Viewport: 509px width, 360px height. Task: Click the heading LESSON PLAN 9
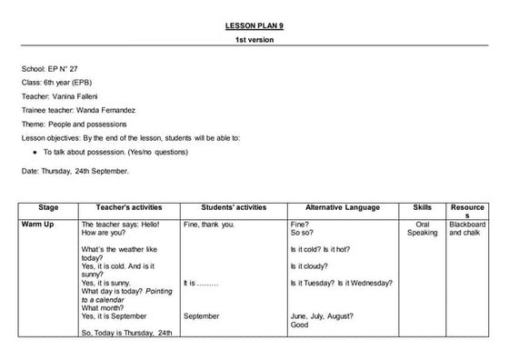254,25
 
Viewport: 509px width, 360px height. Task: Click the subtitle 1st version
254,40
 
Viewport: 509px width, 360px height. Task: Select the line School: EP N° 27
56,69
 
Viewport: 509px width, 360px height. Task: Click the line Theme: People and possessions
75,124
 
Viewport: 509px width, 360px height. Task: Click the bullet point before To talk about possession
34,152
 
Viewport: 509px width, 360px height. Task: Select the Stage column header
48,208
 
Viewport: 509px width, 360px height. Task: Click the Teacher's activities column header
128,208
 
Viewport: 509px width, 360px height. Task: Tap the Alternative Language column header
342,208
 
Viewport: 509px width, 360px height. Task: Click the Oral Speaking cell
422,228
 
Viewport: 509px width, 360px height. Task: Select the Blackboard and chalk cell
467,228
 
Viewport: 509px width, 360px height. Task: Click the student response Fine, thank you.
209,224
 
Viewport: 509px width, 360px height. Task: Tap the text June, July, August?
323,315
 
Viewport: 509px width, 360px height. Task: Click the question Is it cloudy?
314,266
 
